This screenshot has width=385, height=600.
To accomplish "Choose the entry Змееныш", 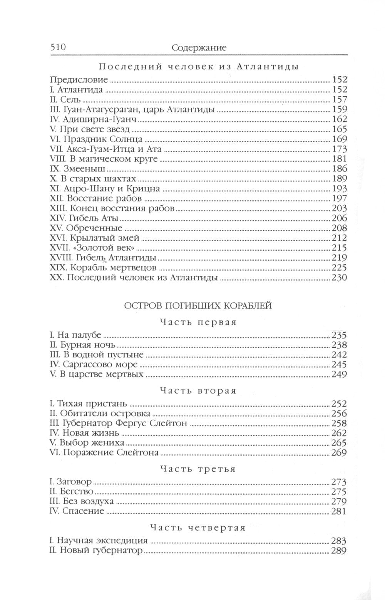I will tap(77, 169).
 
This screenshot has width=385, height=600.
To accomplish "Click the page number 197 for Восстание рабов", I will tap(339, 199).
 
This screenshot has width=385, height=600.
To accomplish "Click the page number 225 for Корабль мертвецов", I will tap(339, 268).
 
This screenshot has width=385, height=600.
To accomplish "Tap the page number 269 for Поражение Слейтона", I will tap(339, 453).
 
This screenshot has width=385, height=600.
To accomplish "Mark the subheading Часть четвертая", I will tap(198, 528).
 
